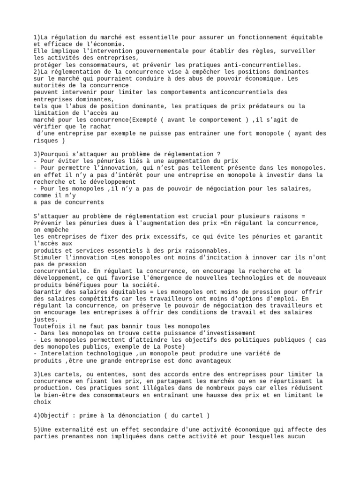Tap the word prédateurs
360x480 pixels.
(x=262, y=106)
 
